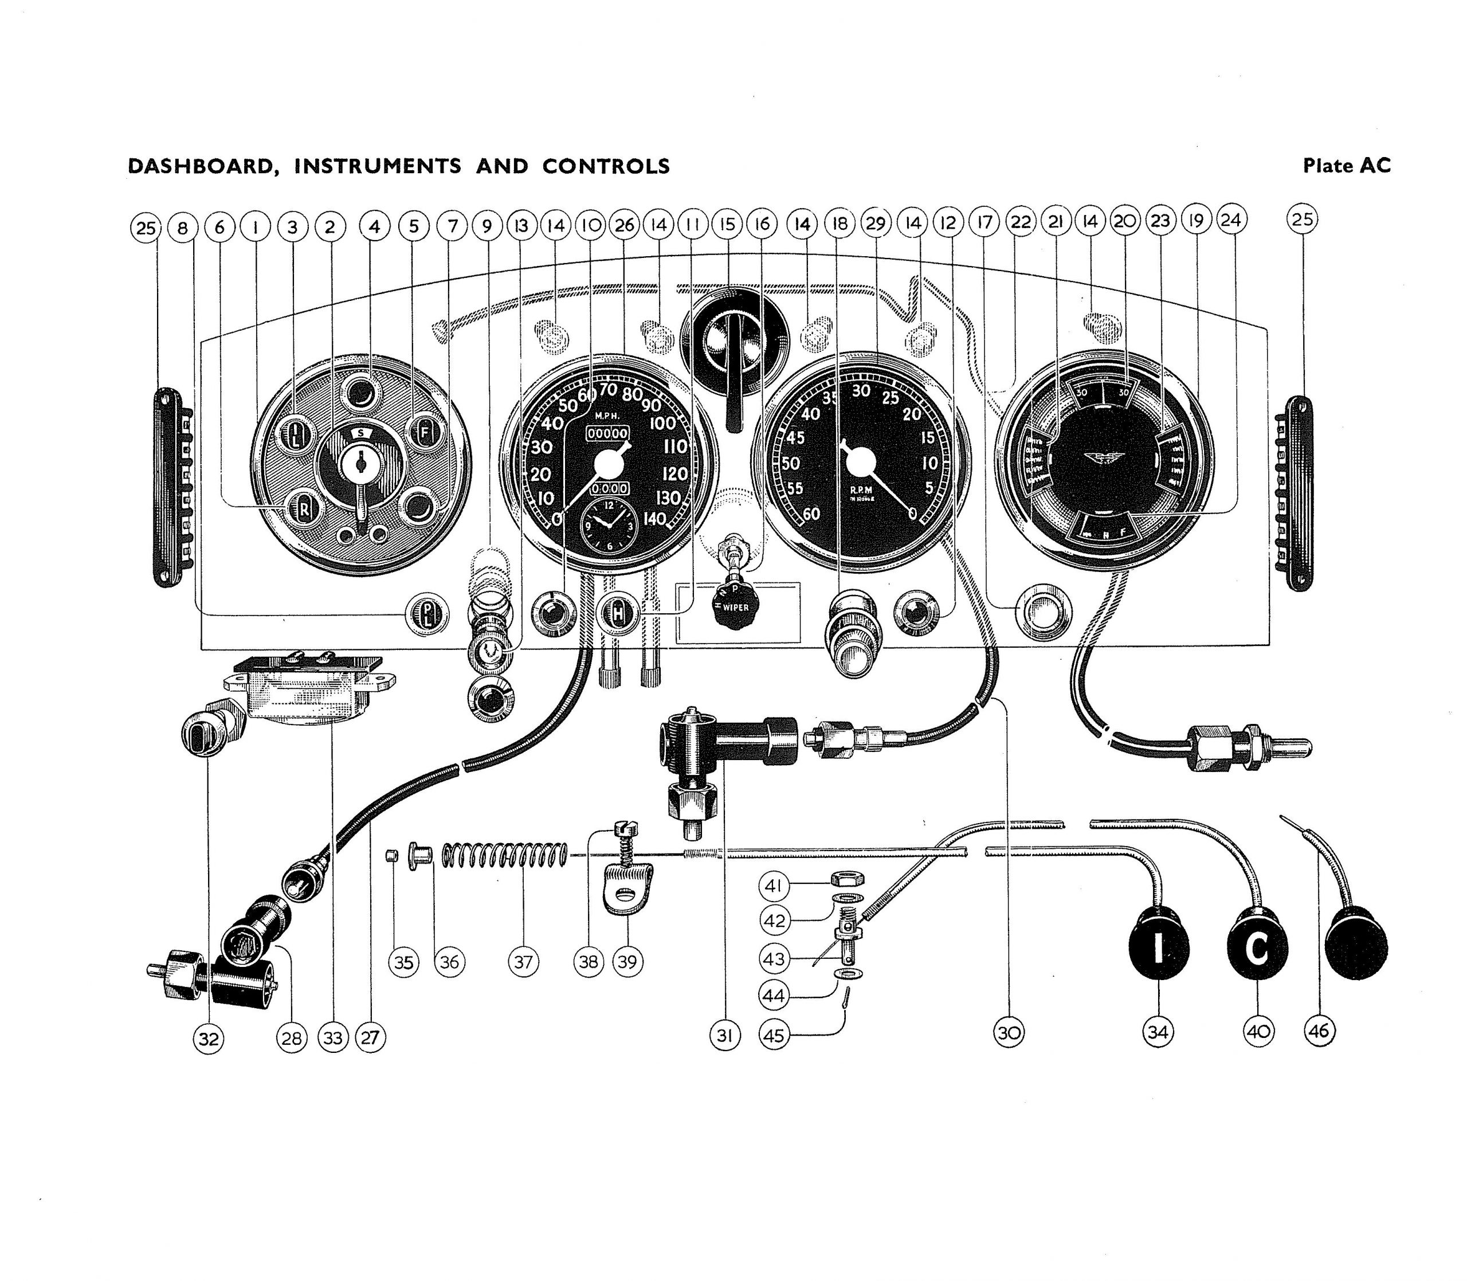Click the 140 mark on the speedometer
654,519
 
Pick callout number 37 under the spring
524,962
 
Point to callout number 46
1319,1031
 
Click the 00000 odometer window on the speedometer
608,434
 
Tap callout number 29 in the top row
876,224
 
